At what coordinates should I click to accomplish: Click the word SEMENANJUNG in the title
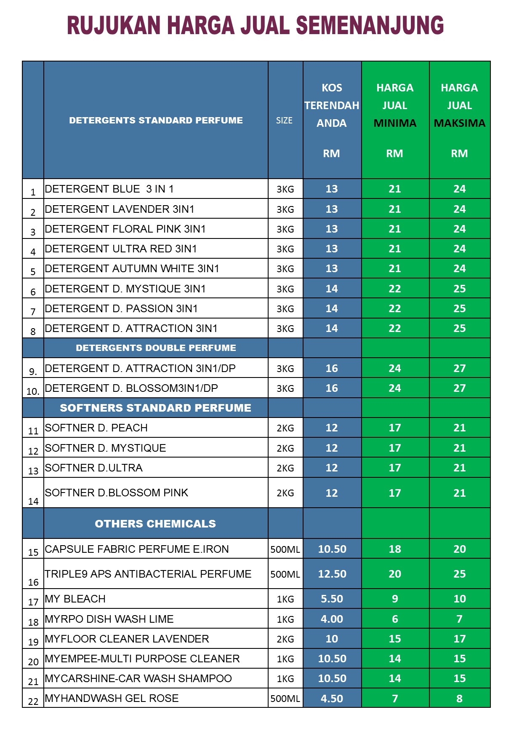370,26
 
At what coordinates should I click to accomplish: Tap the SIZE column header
284,120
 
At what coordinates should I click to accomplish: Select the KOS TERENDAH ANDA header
332,105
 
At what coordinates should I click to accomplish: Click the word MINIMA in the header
395,123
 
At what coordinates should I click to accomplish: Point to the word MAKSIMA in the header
459,123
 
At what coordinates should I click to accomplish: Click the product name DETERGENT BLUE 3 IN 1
109,189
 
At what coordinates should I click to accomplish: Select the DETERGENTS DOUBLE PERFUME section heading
156,348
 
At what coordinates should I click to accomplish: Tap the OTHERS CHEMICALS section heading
155,524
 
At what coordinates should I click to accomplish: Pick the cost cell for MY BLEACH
332,599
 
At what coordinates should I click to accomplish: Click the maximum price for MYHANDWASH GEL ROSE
459,699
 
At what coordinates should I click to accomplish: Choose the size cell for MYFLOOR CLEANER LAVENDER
285,639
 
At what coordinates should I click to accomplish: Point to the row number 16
33,582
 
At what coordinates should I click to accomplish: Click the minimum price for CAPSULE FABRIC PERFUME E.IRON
395,549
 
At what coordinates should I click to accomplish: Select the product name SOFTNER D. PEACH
96,428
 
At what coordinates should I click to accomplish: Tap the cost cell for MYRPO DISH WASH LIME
332,619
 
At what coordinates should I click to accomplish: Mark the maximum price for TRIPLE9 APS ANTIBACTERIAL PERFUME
459,574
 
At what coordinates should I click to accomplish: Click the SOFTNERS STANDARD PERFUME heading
155,408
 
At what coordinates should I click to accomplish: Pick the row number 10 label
33,391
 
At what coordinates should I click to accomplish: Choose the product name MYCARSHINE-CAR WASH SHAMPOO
138,679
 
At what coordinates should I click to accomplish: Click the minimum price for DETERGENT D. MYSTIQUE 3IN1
395,289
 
